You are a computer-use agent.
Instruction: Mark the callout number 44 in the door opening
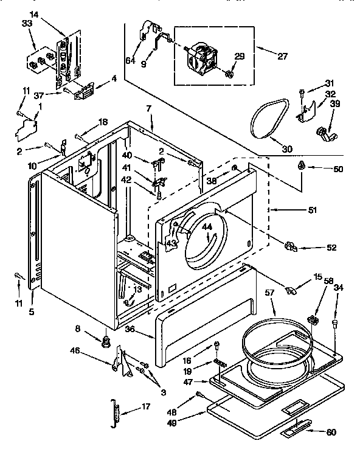(207, 227)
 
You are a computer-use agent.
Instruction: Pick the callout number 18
(103, 122)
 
